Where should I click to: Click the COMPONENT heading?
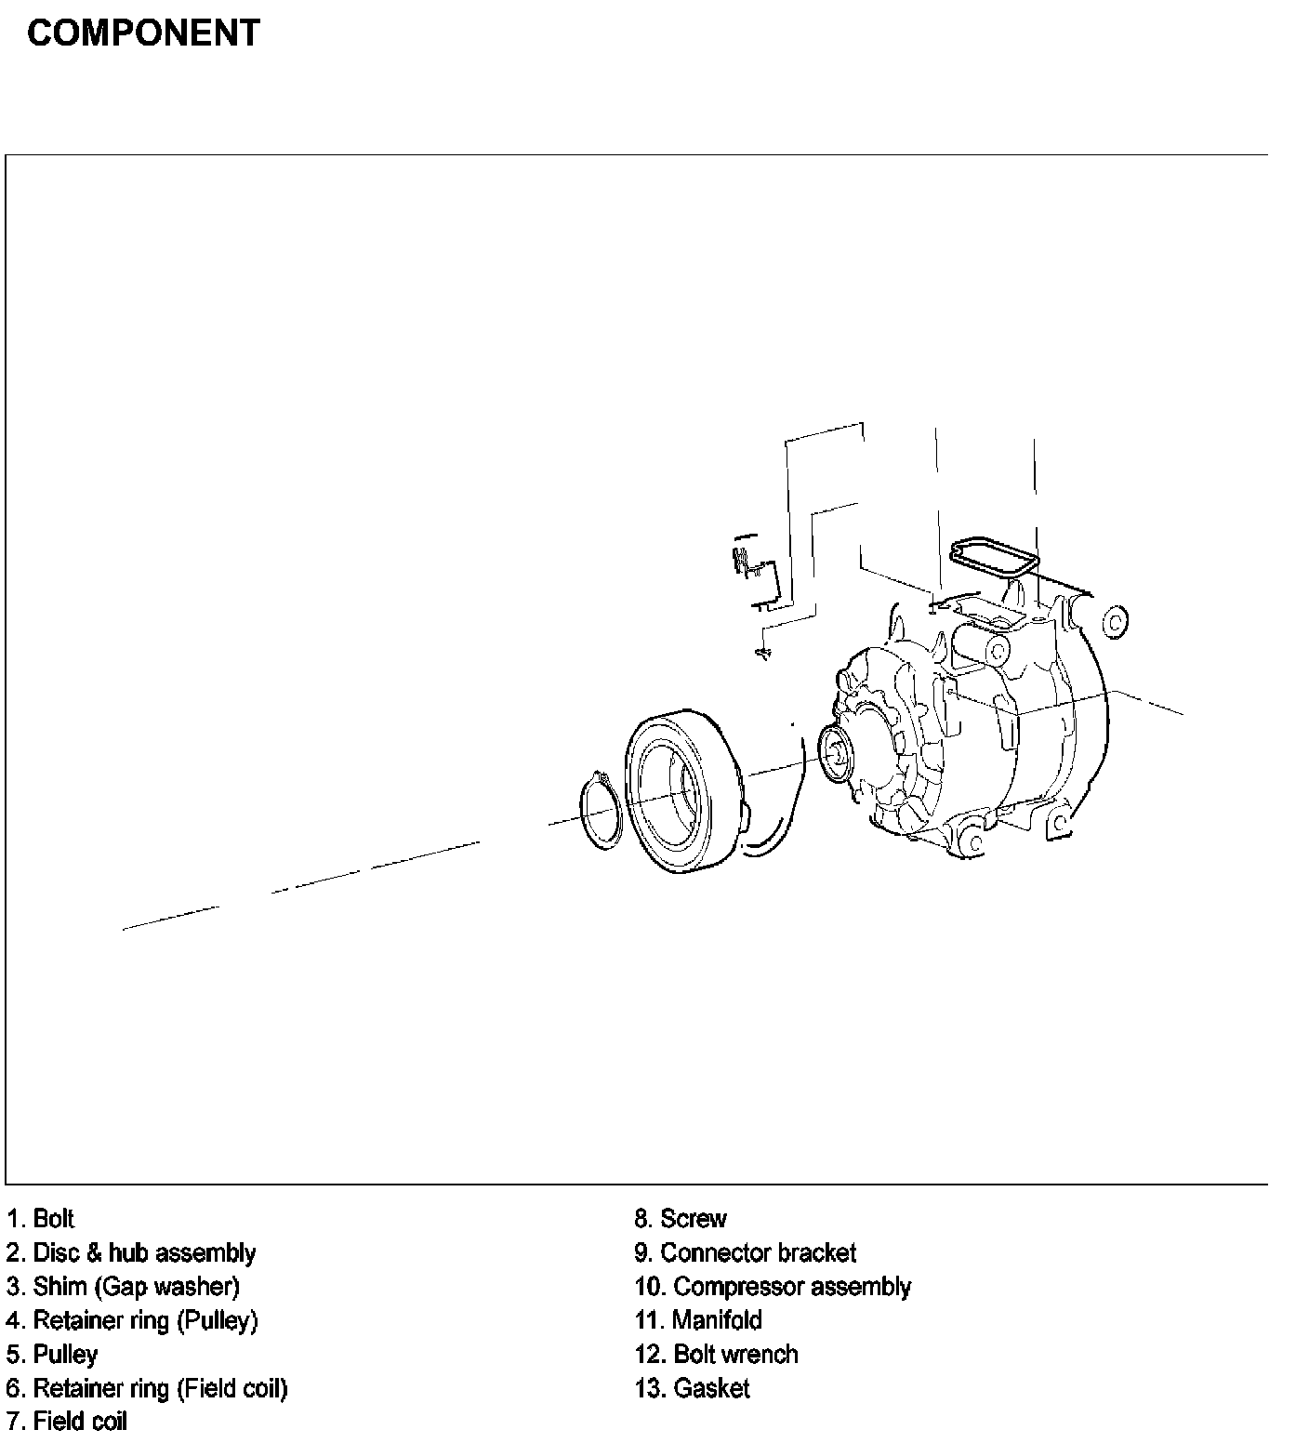143,33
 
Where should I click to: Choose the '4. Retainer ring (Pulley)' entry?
131,1320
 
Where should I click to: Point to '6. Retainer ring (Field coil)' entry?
147,1388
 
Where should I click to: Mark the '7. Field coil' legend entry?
66,1422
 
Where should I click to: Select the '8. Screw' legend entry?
681,1218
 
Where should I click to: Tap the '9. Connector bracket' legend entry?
745,1252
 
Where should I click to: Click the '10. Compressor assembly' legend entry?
773,1287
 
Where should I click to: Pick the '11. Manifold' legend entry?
698,1320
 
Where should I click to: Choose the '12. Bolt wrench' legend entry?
716,1354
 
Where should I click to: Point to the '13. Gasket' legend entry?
692,1388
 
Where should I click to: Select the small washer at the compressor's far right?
1114,619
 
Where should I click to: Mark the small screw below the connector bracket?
763,654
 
